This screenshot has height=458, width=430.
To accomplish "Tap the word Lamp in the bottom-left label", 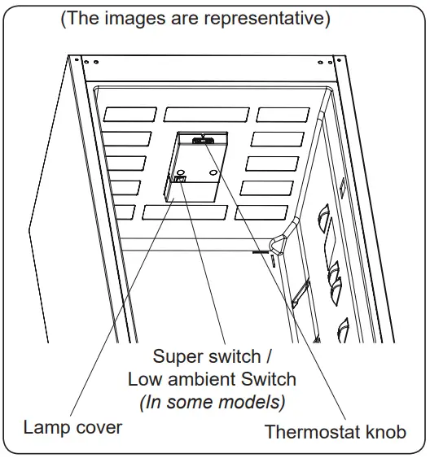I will [x=43, y=427].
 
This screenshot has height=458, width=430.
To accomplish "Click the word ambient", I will [x=203, y=379].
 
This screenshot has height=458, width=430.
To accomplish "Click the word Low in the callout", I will [x=143, y=379].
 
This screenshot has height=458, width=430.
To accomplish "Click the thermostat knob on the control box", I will [x=200, y=140].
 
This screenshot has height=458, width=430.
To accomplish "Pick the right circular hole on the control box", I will [x=213, y=172].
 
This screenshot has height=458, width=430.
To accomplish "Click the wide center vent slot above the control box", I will [x=207, y=114].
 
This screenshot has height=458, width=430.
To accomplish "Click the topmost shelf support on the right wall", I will [x=320, y=217].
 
